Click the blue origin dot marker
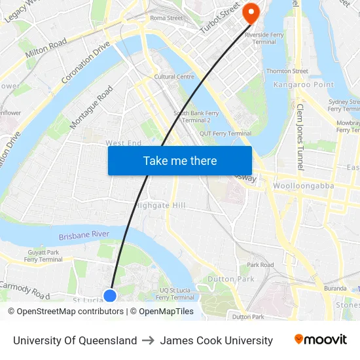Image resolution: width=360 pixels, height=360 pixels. tap(110, 295)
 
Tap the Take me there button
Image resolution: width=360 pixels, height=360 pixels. tap(180, 160)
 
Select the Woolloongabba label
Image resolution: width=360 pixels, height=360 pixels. tap(303, 186)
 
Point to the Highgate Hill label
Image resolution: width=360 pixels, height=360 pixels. tap(160, 205)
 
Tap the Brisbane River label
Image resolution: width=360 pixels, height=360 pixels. tap(84, 235)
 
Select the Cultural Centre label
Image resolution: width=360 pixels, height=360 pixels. tap(174, 77)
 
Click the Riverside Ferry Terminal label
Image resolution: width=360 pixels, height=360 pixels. tap(261, 37)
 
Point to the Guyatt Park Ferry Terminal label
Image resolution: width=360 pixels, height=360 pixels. tap(43, 256)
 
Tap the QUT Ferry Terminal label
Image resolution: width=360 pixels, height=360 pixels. tap(225, 134)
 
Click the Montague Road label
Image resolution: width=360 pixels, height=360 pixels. tap(91, 109)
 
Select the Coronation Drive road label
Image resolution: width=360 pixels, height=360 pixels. tap(85, 63)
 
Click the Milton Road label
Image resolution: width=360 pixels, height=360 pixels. tap(46, 48)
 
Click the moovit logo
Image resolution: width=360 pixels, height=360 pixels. tap(321, 340)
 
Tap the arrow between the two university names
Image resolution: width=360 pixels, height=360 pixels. tap(149, 340)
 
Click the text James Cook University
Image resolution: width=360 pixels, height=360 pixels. tap(216, 340)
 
